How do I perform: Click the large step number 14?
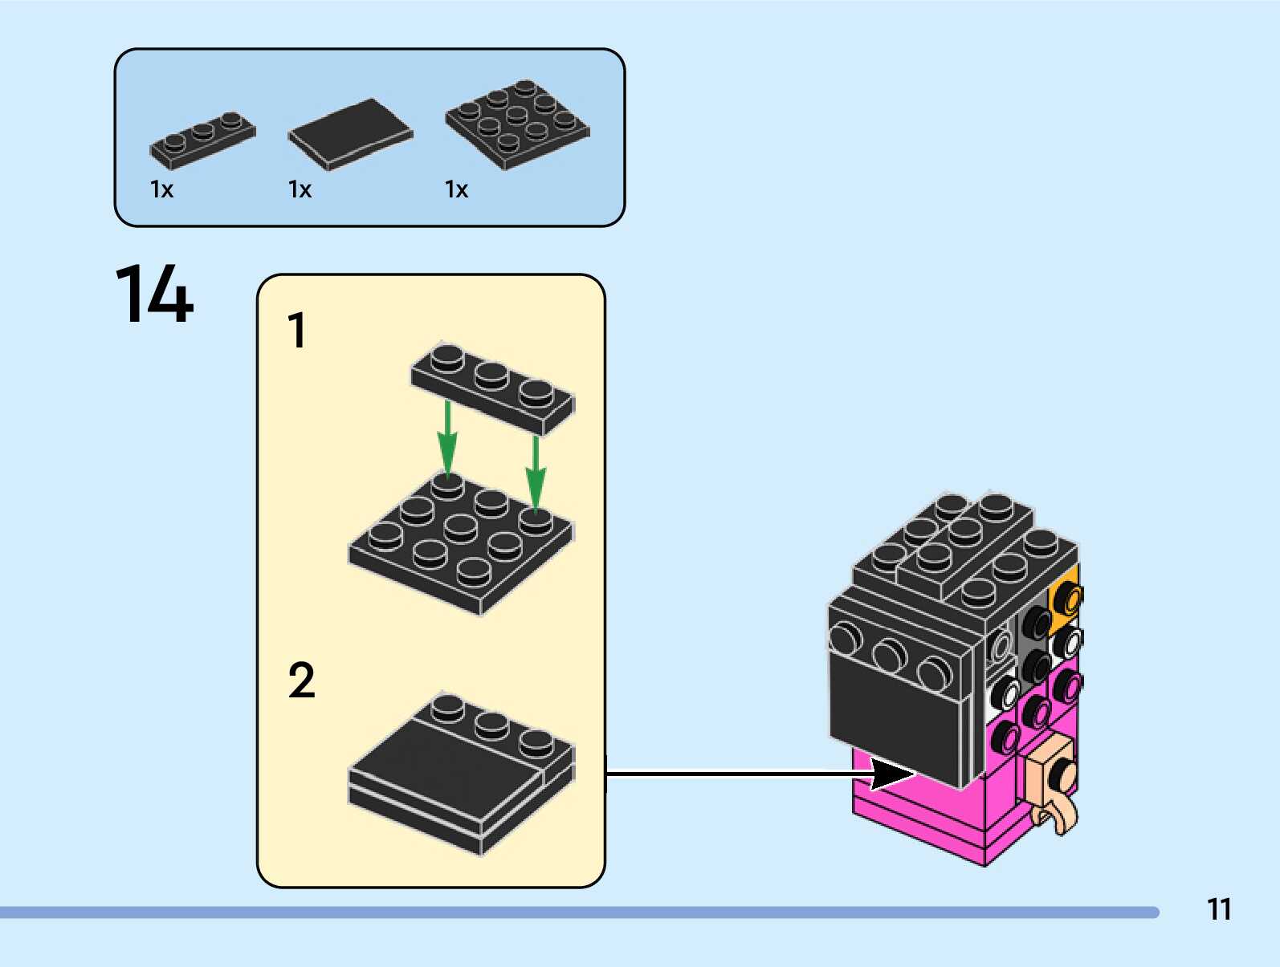[154, 294]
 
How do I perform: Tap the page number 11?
[1218, 909]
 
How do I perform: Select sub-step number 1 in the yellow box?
[297, 331]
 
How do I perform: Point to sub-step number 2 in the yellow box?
[301, 681]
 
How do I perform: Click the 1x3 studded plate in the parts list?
[202, 140]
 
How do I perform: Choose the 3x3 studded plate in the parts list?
[517, 124]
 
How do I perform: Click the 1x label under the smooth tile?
[300, 189]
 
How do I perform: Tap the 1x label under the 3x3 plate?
[456, 189]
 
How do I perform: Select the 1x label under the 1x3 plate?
[161, 189]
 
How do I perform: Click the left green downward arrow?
[447, 441]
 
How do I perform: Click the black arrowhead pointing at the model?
[891, 774]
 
